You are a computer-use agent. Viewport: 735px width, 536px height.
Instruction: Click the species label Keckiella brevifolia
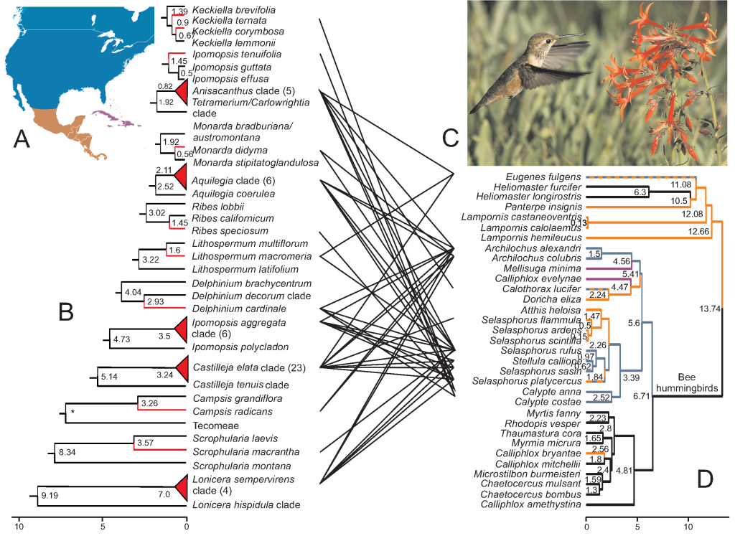pos(233,11)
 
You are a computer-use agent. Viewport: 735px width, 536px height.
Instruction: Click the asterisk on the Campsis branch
pos(72,412)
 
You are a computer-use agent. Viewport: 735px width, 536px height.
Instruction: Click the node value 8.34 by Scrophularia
pos(67,453)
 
